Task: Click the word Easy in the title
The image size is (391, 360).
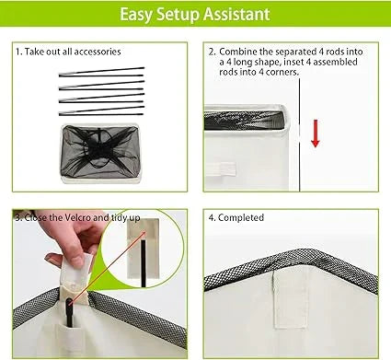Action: (135, 15)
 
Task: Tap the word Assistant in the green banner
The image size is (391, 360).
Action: (236, 14)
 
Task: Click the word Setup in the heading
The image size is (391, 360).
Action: (178, 15)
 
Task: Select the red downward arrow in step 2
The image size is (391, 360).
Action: (316, 134)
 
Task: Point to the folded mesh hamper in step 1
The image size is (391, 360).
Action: (99, 154)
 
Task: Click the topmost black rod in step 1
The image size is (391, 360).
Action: (101, 71)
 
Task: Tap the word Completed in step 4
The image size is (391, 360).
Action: (241, 217)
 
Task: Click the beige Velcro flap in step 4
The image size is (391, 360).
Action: (290, 300)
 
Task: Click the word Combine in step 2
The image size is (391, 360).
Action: (238, 52)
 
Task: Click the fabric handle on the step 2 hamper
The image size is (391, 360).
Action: (221, 169)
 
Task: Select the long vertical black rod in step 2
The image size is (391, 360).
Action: (299, 134)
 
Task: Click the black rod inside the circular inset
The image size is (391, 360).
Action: (144, 263)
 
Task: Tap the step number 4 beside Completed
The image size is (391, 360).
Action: (212, 217)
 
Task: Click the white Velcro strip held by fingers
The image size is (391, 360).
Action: (76, 267)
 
